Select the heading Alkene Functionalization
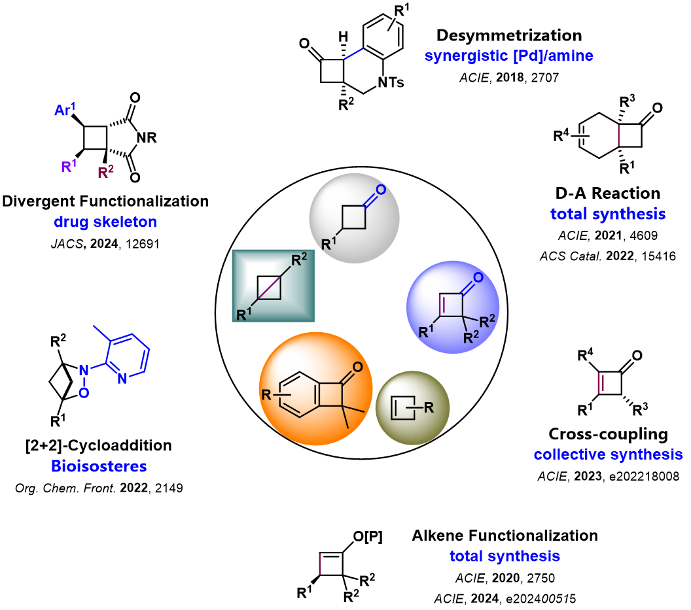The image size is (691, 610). tap(505, 536)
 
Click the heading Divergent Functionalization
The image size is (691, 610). tap(105, 201)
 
